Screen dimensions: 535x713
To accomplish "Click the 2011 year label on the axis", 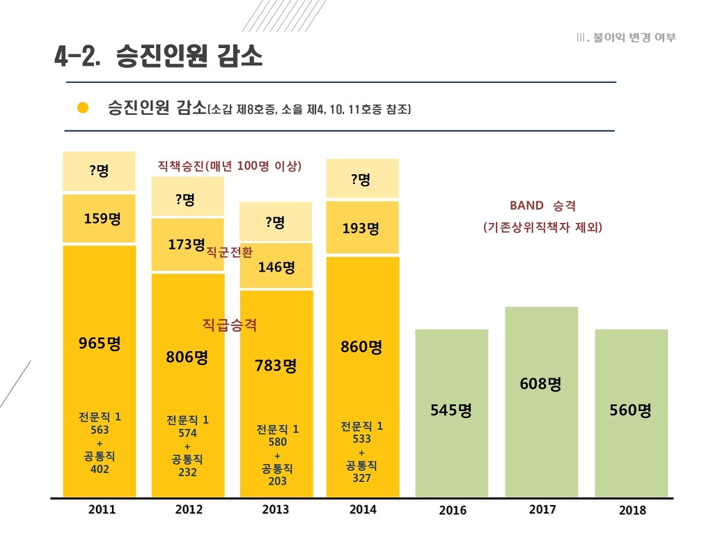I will click(x=102, y=510).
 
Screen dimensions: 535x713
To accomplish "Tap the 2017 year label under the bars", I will click(x=542, y=510).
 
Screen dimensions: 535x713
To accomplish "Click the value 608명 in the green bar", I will click(x=540, y=384).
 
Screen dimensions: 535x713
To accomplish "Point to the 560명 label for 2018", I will click(x=631, y=411).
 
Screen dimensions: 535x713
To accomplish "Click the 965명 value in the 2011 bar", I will click(x=100, y=343).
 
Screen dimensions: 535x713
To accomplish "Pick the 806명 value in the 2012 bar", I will click(x=187, y=357).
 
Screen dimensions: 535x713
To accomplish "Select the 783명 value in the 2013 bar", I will click(x=276, y=366).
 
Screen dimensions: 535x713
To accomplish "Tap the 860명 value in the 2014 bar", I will click(x=361, y=347).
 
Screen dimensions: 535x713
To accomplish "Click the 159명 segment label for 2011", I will click(x=102, y=219).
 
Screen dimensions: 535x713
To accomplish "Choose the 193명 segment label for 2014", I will click(x=361, y=228).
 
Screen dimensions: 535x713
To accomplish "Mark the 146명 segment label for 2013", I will click(x=276, y=267).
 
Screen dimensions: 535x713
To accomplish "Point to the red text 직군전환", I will click(x=230, y=252).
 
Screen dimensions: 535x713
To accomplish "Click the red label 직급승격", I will click(x=230, y=325).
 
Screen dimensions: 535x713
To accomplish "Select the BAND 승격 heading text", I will click(x=542, y=206).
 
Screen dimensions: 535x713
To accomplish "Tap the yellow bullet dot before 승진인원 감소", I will click(x=83, y=108).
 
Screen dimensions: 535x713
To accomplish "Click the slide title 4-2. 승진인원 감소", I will click(x=158, y=56).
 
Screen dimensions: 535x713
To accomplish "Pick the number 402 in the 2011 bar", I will click(x=100, y=470).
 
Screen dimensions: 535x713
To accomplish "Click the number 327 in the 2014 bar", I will click(x=361, y=479).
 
